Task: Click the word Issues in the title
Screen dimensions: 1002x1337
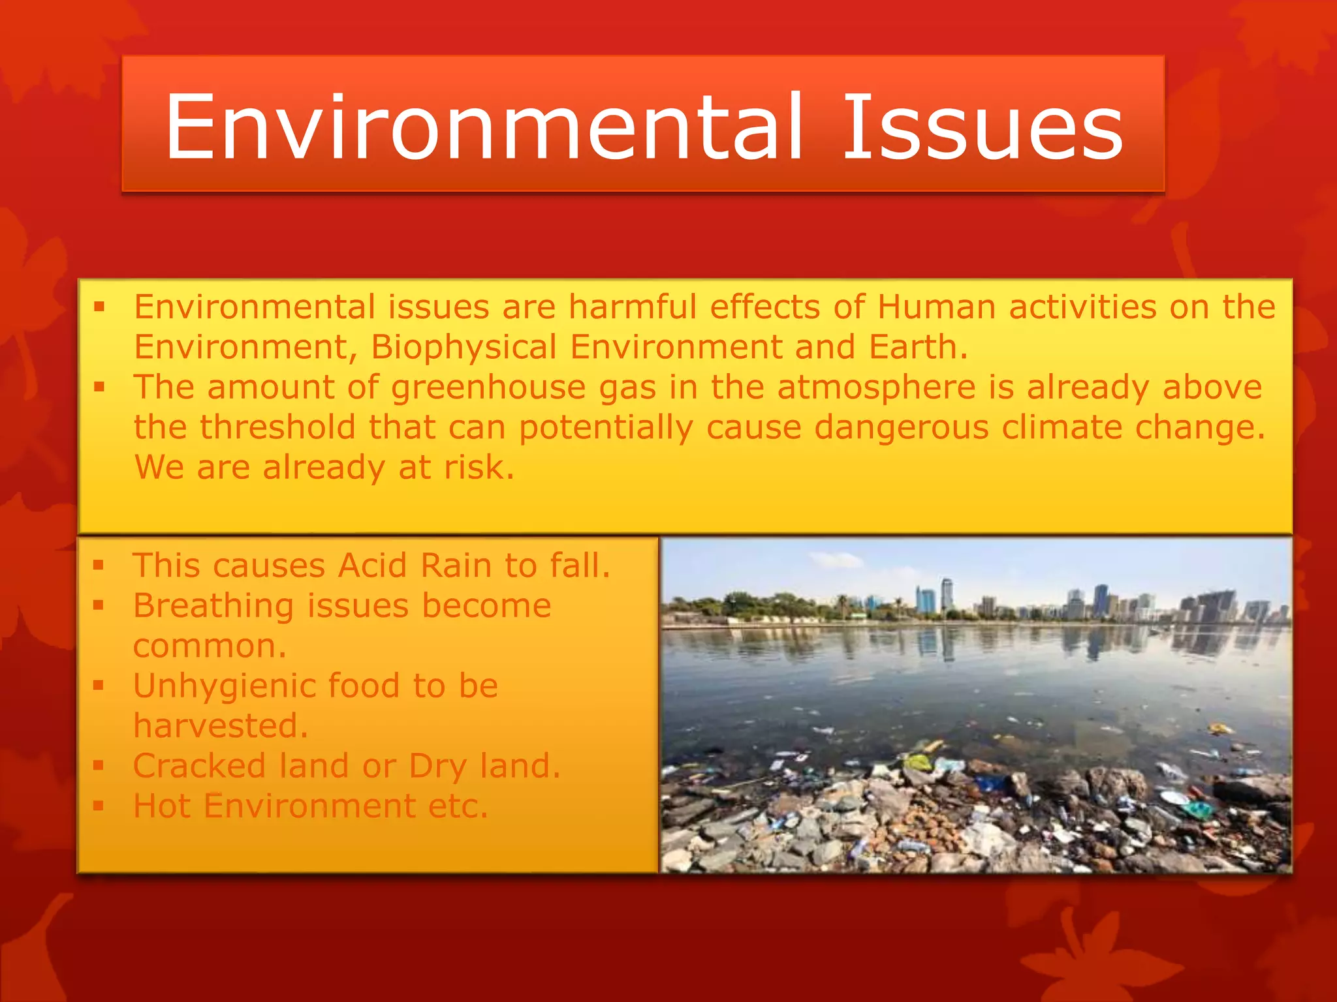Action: pos(983,127)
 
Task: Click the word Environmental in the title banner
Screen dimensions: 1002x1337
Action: pos(483,127)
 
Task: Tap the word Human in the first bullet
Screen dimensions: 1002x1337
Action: pos(936,307)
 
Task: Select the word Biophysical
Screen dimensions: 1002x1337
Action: pos(464,347)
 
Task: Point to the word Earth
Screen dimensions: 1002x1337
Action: pos(917,347)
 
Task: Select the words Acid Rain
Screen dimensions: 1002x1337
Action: pos(414,565)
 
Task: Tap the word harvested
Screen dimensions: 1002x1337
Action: pos(221,726)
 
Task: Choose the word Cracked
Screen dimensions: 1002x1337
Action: pos(199,766)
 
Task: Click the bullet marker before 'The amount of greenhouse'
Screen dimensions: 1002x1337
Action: pos(99,387)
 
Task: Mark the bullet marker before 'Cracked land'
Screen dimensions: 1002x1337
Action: pos(99,765)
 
